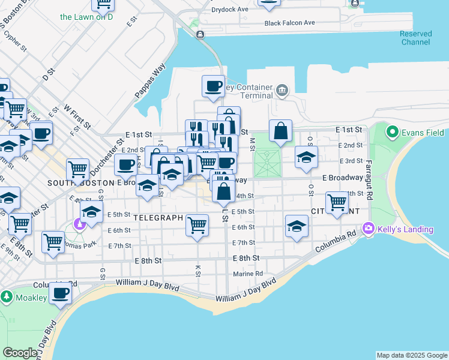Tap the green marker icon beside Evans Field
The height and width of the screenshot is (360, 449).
click(393, 131)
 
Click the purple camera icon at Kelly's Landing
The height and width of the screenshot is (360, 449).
click(368, 228)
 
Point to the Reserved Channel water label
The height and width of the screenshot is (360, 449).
click(415, 38)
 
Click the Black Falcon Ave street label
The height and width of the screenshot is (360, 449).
click(291, 23)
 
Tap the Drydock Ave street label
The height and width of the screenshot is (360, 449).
click(230, 10)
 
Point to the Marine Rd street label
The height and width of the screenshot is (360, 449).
click(248, 274)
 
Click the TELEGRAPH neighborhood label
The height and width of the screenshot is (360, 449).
click(158, 217)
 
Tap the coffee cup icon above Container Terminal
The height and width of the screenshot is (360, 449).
click(213, 86)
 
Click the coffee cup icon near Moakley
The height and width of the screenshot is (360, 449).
click(59, 293)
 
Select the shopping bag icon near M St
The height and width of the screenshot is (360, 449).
click(280, 130)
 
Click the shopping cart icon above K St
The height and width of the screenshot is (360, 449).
click(197, 225)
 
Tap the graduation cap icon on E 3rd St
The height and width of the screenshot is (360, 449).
click(306, 158)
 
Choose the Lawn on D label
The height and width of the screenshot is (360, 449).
click(86, 17)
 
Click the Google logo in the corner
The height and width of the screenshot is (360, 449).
click(20, 353)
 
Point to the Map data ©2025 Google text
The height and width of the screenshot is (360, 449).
click(412, 355)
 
